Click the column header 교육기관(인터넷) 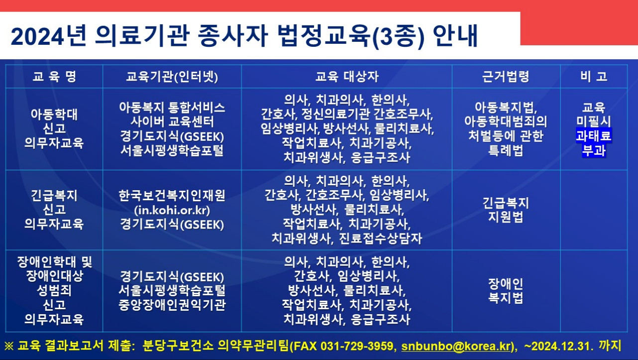(172, 76)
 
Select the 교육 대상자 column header (347, 76)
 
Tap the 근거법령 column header (506, 76)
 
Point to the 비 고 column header (594, 76)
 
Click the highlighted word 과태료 (594, 135)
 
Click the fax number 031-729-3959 (357, 346)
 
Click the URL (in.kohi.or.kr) (172, 210)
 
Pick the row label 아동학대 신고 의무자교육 (54, 128)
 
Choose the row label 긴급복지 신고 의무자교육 (54, 210)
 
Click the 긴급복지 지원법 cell (506, 210)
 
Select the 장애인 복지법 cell (506, 291)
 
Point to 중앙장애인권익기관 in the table (172, 305)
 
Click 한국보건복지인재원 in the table (172, 196)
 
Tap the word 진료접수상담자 (380, 239)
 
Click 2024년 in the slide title (48, 36)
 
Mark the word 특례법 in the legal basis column (506, 150)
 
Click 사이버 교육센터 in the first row (172, 121)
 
